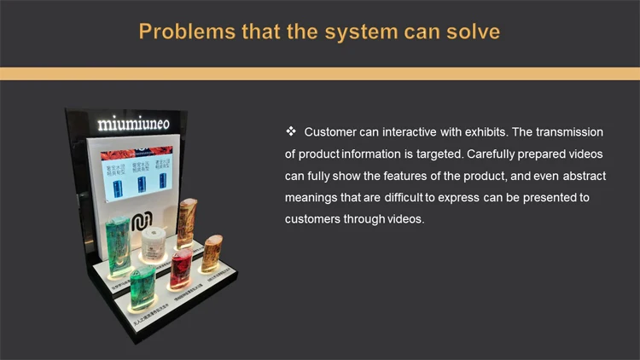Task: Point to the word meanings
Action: pyautogui.click(x=312, y=198)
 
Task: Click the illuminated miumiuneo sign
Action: pyautogui.click(x=133, y=124)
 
